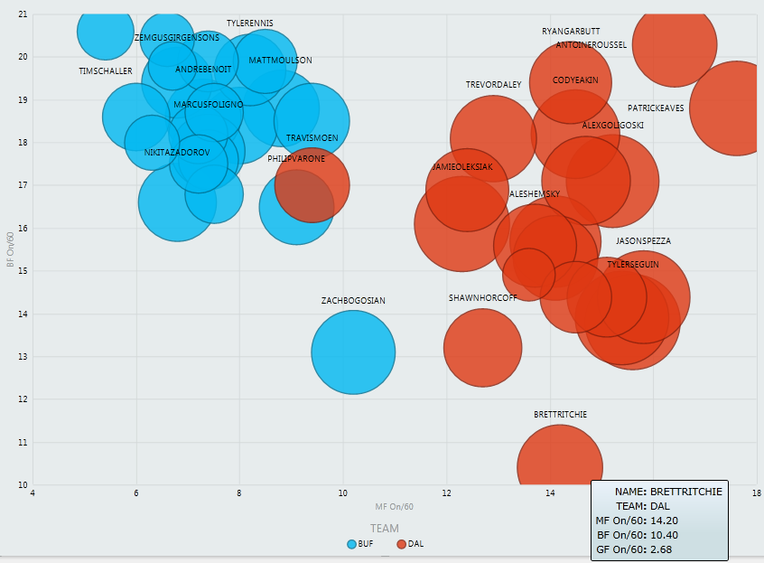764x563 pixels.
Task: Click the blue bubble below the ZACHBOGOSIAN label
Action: click(353, 352)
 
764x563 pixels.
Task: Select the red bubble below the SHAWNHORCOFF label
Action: click(483, 348)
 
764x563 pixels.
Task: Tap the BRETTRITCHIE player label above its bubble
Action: click(560, 414)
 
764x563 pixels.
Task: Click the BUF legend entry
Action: click(359, 544)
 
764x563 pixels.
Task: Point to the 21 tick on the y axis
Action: click(22, 14)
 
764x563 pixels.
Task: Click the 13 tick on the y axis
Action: click(22, 357)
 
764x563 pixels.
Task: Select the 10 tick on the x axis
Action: click(343, 493)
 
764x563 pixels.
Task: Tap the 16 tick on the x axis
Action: click(653, 493)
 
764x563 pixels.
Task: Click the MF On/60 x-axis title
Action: click(395, 507)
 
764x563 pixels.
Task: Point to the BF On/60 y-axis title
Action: click(10, 249)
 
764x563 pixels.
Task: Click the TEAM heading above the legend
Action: click(384, 528)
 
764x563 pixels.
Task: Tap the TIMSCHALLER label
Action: click(106, 71)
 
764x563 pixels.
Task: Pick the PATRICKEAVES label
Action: click(656, 108)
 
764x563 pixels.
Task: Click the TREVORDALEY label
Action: click(494, 85)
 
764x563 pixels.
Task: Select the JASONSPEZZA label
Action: click(643, 241)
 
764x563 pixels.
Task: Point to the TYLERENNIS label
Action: click(250, 23)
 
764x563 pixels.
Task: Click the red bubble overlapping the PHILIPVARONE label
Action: click(312, 185)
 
